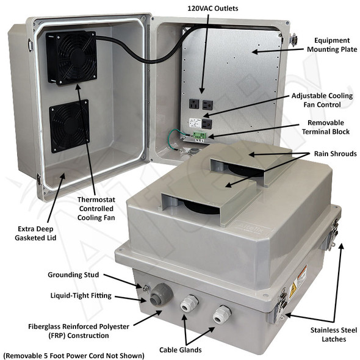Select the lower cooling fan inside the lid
click(x=69, y=126)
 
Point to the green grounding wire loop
click(x=175, y=137)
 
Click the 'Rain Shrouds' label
click(x=335, y=154)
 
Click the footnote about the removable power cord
click(x=73, y=355)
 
